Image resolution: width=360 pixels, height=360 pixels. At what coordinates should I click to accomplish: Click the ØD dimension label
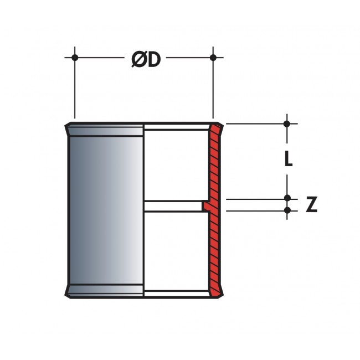[x=146, y=59]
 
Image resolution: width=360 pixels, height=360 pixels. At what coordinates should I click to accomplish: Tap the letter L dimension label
[x=289, y=158]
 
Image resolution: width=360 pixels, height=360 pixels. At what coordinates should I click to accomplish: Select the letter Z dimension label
[x=312, y=204]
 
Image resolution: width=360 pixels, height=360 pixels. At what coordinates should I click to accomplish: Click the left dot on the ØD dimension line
[x=75, y=58]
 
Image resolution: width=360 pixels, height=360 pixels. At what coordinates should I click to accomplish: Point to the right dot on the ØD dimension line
[x=213, y=58]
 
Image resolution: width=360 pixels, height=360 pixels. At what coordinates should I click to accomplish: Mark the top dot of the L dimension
[x=287, y=124]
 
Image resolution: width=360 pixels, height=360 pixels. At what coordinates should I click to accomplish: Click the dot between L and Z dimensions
[x=287, y=198]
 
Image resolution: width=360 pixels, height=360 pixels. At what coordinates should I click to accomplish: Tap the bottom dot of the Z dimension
[x=287, y=210]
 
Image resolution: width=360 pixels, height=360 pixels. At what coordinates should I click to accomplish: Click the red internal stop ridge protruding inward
[x=205, y=205]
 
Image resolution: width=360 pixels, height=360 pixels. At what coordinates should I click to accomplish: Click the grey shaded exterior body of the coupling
[x=106, y=210]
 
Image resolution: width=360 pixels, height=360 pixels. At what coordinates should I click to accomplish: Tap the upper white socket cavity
[x=176, y=165]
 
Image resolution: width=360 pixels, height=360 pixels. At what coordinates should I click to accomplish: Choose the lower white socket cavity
[x=176, y=251]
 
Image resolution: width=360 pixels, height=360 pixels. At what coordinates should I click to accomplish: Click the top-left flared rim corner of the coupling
[x=66, y=125]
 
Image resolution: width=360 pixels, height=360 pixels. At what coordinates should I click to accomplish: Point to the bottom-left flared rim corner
[x=66, y=295]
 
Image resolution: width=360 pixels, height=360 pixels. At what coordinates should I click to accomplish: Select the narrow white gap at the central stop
[x=173, y=206]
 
